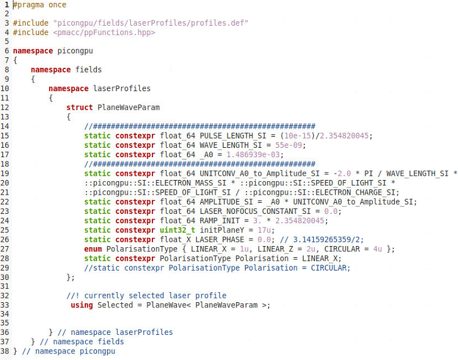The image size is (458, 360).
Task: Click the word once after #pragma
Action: (57, 5)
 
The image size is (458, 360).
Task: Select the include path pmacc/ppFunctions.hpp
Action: (104, 32)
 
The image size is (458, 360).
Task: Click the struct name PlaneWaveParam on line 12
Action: (129, 108)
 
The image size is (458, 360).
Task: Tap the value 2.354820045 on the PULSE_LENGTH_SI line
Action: (344, 136)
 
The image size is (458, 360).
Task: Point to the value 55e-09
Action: (289, 145)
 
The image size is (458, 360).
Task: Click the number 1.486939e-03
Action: (254, 154)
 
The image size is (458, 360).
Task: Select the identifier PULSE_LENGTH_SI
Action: (233, 136)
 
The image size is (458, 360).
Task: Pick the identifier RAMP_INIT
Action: (220, 220)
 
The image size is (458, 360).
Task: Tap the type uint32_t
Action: (178, 230)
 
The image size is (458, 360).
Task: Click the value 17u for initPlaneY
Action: (264, 230)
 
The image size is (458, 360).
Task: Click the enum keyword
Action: (93, 249)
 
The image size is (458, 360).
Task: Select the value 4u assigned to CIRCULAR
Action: (377, 249)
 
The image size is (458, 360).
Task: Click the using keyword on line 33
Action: (82, 305)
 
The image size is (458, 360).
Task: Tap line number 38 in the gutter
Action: (5, 351)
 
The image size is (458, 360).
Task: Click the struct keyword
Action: (79, 108)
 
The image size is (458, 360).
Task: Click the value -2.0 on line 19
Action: (342, 173)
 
